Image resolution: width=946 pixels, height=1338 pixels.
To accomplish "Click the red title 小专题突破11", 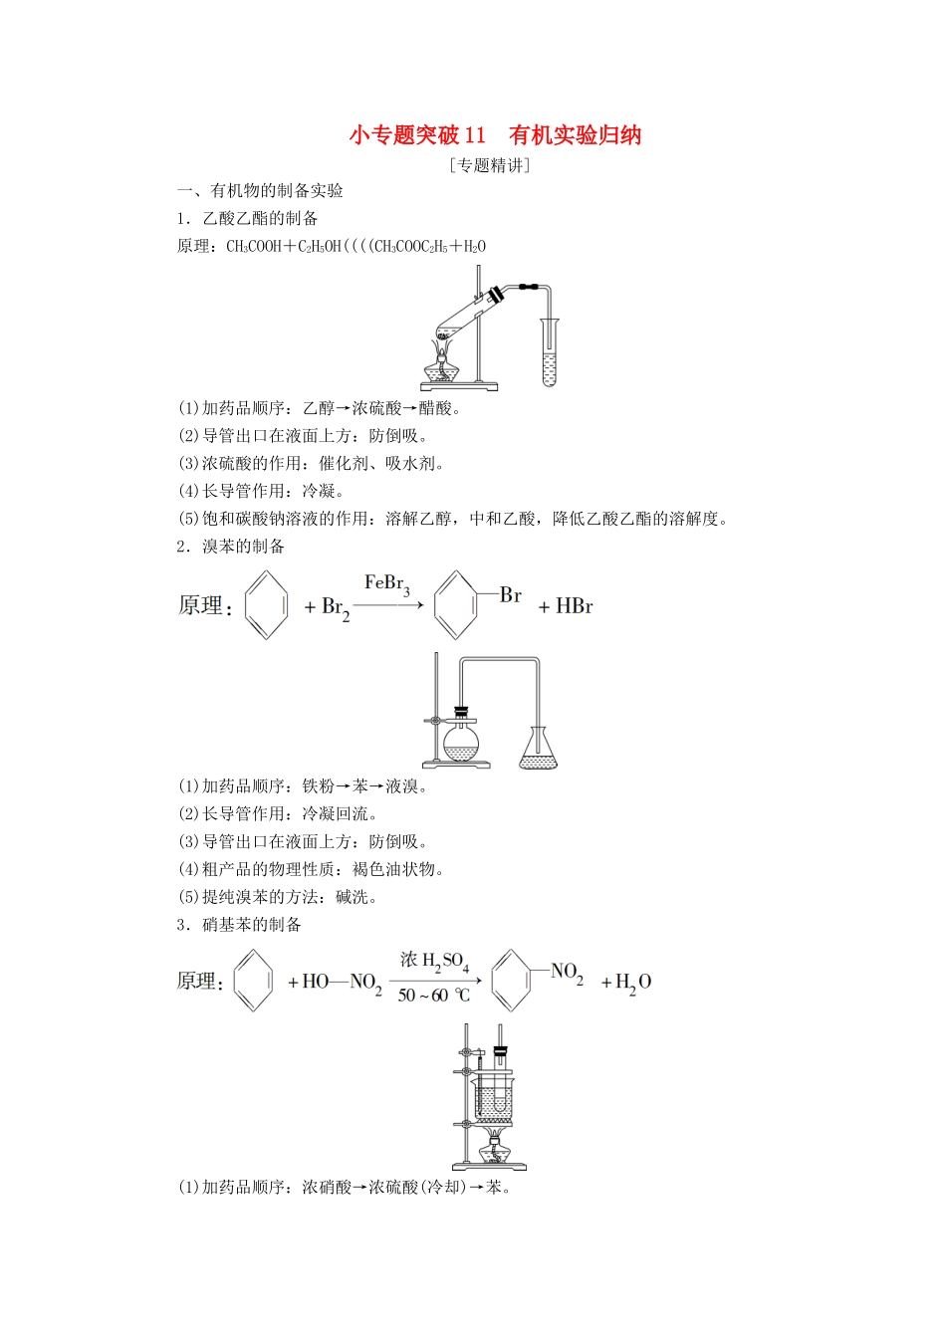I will coord(417,135).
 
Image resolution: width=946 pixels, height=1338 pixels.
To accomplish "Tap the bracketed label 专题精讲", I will coord(490,165).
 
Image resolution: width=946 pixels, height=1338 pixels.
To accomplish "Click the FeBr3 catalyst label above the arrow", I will coord(387,584).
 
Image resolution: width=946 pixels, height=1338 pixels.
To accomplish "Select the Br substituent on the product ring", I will coord(511,595).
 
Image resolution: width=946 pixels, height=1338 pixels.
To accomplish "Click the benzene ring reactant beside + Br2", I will coord(267,604).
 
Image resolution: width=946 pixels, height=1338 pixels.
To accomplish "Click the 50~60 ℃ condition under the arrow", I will coord(433,996).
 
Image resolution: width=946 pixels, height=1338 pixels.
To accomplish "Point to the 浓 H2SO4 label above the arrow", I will coord(434,961).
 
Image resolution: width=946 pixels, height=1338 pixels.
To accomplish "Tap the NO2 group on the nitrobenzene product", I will coord(567,972).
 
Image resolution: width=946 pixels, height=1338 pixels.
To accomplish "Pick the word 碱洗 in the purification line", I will coord(353,897).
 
